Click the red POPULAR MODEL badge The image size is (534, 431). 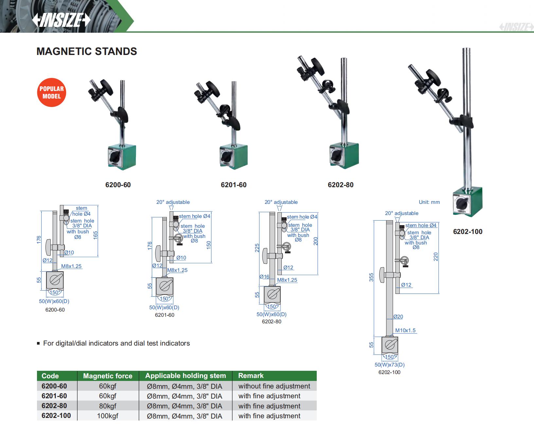pyautogui.click(x=52, y=93)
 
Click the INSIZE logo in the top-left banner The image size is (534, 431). pyautogui.click(x=61, y=21)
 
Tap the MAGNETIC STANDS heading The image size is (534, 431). pyautogui.click(x=87, y=51)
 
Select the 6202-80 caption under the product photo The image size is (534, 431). pyautogui.click(x=341, y=185)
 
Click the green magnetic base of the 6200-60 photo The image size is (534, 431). pyautogui.click(x=122, y=157)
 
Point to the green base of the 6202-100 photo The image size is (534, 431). pyautogui.click(x=468, y=203)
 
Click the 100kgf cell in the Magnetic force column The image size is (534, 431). pyautogui.click(x=108, y=416)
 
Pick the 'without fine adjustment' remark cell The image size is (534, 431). pyautogui.click(x=274, y=386)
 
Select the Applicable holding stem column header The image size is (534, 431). pyautogui.click(x=186, y=376)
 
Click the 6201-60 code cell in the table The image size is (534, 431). pyautogui.click(x=54, y=396)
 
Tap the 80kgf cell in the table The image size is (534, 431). pyautogui.click(x=108, y=406)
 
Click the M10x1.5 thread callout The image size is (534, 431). pyautogui.click(x=405, y=331)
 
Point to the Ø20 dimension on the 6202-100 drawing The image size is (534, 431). pyautogui.click(x=398, y=317)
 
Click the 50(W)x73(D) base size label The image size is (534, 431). pyautogui.click(x=390, y=365)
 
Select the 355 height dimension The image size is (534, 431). pyautogui.click(x=371, y=278)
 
